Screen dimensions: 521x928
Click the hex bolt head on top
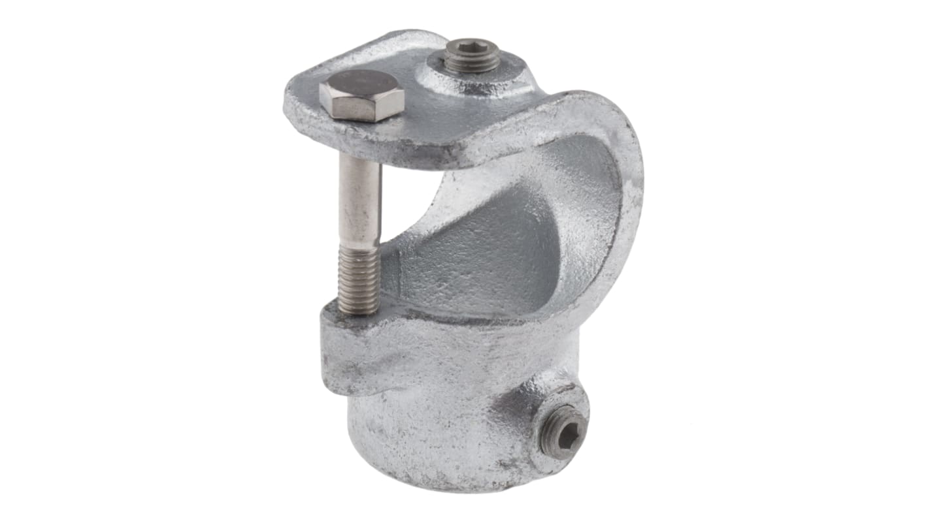pyautogui.click(x=361, y=96)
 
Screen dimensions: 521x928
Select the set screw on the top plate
pyautogui.click(x=471, y=55)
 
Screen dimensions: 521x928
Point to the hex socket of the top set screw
pyautogui.click(x=472, y=51)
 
